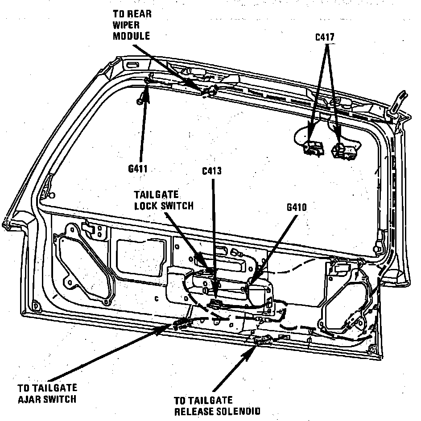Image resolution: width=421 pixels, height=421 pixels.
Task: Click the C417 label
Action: (324, 37)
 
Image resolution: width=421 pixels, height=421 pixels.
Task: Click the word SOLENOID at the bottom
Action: (239, 412)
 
